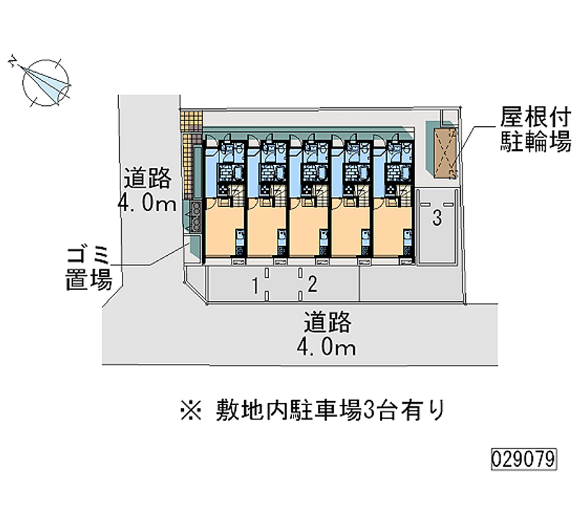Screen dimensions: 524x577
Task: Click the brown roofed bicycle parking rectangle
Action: tap(445, 154)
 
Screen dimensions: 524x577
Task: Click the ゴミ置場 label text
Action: tap(89, 267)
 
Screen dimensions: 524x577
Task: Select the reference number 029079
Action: tap(524, 458)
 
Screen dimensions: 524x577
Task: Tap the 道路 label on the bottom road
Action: tap(328, 322)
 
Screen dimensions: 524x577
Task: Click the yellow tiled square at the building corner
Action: tap(190, 120)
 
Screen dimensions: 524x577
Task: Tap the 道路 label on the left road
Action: tap(149, 177)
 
